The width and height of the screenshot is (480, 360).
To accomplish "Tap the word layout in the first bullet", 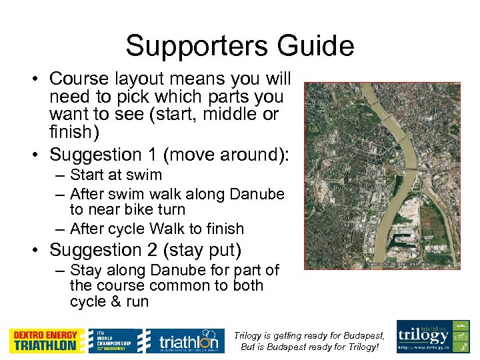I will coord(149,79).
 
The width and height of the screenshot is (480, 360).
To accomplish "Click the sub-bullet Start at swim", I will coord(115,175).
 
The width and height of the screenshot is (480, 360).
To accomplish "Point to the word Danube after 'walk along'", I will coord(256,194).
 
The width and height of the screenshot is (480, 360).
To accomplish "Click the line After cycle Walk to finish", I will coord(156,229).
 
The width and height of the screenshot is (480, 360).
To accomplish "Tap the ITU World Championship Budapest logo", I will coord(115,341).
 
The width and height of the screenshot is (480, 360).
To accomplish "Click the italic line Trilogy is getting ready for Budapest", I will coord(311,336).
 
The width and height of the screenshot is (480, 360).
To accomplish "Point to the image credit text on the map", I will coord(393,264).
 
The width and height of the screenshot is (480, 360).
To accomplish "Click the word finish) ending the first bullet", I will coord(74,131).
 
